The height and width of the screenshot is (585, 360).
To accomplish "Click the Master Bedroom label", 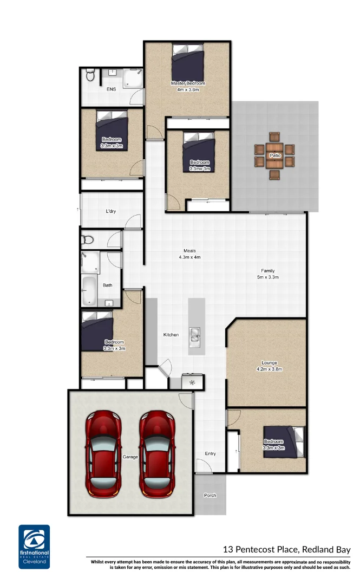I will coord(188,83).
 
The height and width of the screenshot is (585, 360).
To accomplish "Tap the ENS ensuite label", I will coord(111,89).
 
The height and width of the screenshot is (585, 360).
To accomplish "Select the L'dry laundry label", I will coord(110,211).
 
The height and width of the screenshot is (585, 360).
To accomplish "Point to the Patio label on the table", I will coord(275,156).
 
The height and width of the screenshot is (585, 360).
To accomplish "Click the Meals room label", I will coord(189,251).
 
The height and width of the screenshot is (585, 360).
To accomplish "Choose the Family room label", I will coord(267,271).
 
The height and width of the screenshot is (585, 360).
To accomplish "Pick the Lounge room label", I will coord(269,363).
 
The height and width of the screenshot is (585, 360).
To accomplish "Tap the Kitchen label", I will coord(171,335).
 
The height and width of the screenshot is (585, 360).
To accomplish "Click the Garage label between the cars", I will coord(130,457).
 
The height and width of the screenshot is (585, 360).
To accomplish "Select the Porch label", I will coord(210,496).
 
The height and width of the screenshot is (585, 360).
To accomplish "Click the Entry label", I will coord(211,453).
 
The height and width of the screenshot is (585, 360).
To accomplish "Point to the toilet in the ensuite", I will coord(90,76).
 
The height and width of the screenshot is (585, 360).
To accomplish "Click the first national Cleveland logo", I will coord(34,546).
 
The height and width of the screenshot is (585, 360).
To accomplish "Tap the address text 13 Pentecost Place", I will coord(286,549).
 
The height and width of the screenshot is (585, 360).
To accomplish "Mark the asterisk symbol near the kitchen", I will coord(192,382).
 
